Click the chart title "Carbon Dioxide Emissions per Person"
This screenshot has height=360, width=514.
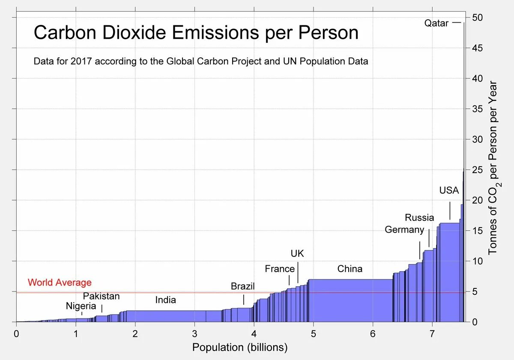(196, 33)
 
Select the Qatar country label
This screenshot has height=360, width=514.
(436, 23)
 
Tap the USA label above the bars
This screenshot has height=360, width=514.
(449, 190)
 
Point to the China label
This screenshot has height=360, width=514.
(350, 269)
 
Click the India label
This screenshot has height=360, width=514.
(165, 300)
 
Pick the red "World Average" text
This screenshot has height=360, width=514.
(60, 283)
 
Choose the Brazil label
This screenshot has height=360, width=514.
(242, 286)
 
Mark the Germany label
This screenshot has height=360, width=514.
(404, 230)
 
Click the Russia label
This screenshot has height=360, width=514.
(419, 218)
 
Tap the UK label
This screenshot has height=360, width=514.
(297, 254)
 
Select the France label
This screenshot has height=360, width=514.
(280, 269)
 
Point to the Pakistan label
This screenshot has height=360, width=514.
(101, 296)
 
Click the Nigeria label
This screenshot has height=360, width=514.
(81, 306)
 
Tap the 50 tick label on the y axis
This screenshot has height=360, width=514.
(478, 18)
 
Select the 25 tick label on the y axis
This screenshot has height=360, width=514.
(478, 170)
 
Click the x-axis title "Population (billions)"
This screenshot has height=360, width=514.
(240, 347)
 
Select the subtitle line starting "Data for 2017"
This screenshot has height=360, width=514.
(200, 61)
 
